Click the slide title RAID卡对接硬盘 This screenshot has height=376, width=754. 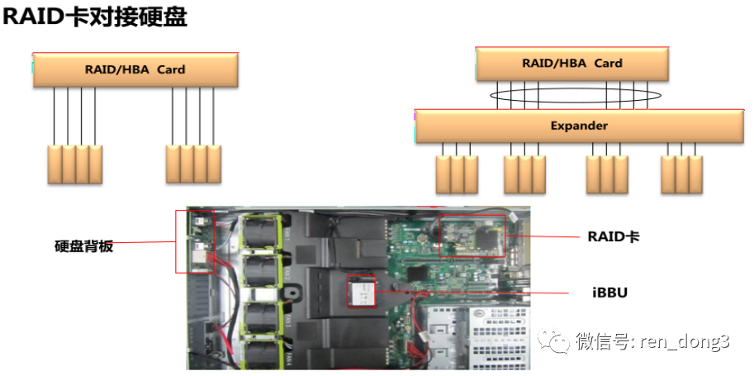pos(96,18)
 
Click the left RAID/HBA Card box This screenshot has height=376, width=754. pos(135,70)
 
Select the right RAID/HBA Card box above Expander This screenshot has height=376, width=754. pos(572,64)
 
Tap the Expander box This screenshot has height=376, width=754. pos(578,126)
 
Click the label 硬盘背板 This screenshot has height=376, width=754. pos(84,245)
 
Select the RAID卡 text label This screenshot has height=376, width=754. pos(614,236)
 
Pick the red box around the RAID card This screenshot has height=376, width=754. pos(472,238)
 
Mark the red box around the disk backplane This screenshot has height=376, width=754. pos(194,241)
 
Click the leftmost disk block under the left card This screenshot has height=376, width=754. pos(55,165)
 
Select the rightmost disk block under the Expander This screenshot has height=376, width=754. pos(695,174)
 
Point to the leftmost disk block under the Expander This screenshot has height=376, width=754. pos(443,174)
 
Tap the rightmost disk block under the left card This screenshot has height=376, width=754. pos(214,165)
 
